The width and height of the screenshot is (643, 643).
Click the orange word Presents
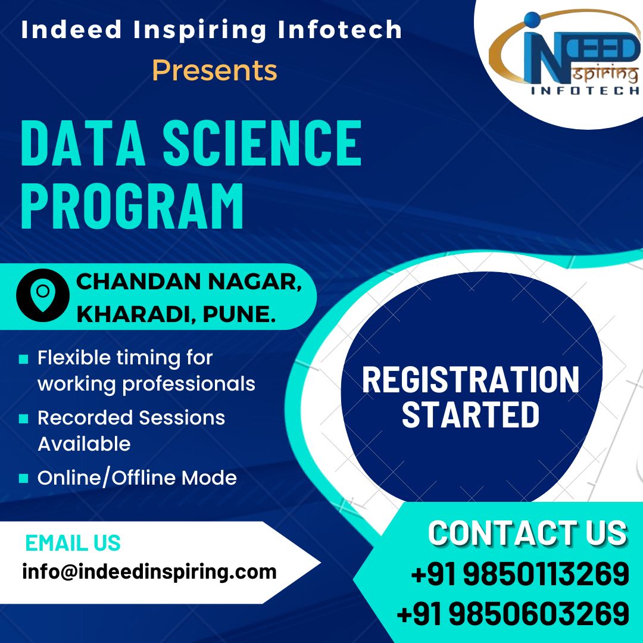(214, 70)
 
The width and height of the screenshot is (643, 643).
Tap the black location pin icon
(43, 295)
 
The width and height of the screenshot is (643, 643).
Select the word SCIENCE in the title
(263, 143)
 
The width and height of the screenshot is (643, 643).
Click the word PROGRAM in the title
(132, 205)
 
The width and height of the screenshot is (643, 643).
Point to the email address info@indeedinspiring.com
(149, 572)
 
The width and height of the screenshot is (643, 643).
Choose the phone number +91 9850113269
(520, 573)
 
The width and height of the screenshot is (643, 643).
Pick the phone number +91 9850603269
(513, 613)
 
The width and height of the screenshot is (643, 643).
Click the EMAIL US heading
(73, 542)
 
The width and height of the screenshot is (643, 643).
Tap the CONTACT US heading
(527, 533)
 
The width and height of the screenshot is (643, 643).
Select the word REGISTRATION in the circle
(470, 380)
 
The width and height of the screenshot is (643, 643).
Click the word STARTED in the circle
(470, 414)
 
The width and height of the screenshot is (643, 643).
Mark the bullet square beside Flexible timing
(23, 359)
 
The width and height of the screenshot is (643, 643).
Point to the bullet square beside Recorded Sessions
(23, 419)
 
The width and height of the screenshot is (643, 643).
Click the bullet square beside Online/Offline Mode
(23, 478)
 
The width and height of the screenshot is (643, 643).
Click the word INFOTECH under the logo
(585, 90)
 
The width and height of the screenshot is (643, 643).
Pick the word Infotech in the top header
(339, 30)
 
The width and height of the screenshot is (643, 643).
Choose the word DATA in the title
(83, 143)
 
